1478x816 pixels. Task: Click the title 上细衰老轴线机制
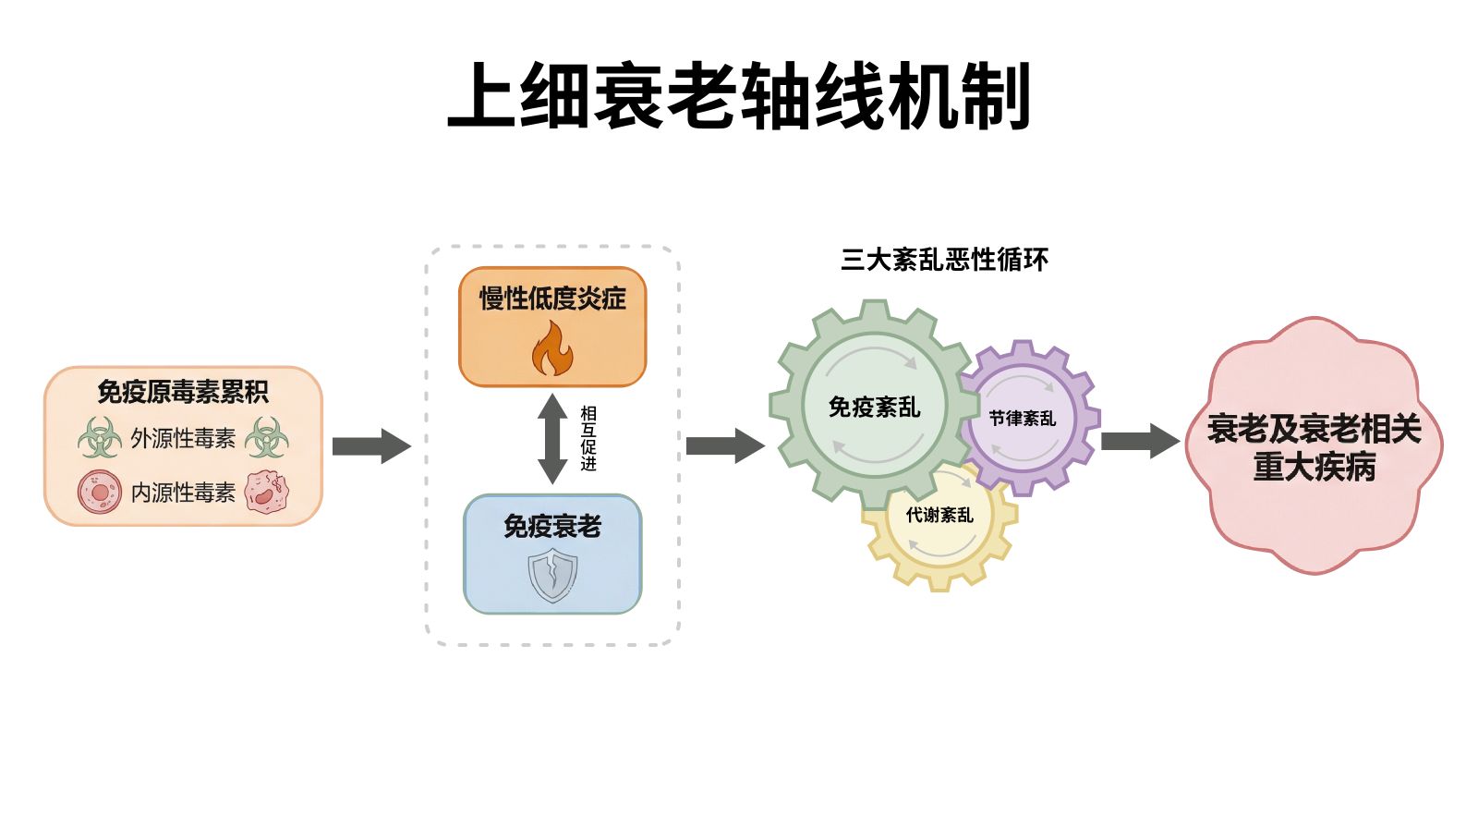739,96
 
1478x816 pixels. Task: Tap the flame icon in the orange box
552,349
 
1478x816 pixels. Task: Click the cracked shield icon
552,575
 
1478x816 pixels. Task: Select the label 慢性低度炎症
552,298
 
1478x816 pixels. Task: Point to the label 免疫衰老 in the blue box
552,527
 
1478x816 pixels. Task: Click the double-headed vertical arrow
552,439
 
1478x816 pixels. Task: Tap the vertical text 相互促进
588,439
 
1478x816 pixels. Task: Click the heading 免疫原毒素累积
183,392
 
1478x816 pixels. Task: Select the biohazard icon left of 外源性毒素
100,437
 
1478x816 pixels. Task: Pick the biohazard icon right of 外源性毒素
267,437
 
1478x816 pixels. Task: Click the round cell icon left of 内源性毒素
100,492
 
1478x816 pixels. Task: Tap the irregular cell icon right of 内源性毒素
267,492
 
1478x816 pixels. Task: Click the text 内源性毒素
183,493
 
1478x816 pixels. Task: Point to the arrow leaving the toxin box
370,446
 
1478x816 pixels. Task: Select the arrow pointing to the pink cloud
1140,441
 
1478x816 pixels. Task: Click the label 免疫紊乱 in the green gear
874,407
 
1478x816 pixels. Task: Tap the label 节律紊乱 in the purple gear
1022,419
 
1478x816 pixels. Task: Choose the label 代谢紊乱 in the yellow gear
939,516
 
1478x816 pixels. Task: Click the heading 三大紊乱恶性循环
944,260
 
